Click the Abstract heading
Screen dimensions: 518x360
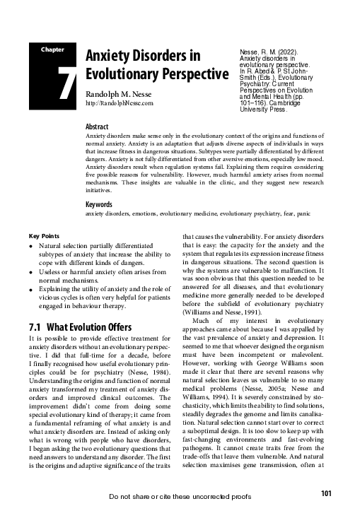pos(96,125)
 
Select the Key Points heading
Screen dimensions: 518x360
pos(45,235)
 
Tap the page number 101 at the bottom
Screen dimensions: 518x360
pos(326,493)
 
